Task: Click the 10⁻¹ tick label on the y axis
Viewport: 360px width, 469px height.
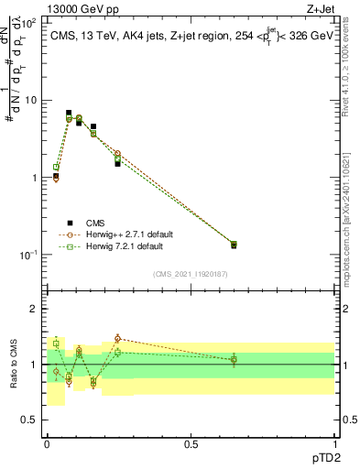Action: [x=28, y=255]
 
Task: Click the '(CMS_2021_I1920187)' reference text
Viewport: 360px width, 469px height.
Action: [x=191, y=274]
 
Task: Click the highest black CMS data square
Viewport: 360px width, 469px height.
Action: [x=69, y=113]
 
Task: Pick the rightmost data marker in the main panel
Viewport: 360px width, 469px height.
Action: [x=234, y=245]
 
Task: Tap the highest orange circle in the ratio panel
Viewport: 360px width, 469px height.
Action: [x=117, y=338]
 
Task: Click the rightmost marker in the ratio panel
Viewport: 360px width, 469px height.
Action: [x=234, y=359]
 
